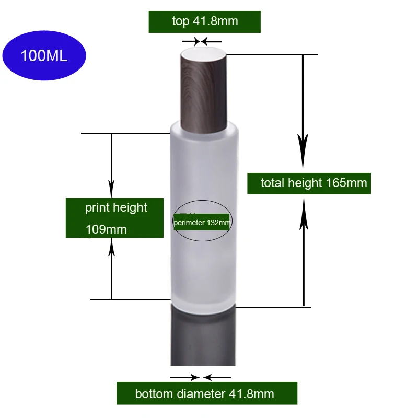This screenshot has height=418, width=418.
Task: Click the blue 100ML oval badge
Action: pyautogui.click(x=44, y=55)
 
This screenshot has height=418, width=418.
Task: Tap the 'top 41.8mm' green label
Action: pyautogui.click(x=204, y=22)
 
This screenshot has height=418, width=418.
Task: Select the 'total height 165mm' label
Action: pyautogui.click(x=309, y=183)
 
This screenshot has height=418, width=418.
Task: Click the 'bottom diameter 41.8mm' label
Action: pyautogui.click(x=207, y=393)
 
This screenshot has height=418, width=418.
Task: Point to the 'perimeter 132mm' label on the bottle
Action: pyautogui.click(x=202, y=222)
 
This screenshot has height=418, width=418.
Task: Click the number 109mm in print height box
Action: pyautogui.click(x=106, y=229)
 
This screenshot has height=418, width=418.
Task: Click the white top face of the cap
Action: pyautogui.click(x=203, y=54)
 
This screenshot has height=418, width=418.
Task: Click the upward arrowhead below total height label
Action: pyautogui.click(x=304, y=213)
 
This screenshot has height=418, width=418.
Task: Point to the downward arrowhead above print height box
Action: pyautogui.click(x=111, y=189)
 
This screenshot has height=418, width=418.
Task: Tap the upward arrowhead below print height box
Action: pyautogui.click(x=112, y=247)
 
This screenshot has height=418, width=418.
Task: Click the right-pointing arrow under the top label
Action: pyautogui.click(x=191, y=42)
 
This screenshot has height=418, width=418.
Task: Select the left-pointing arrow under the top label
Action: pyautogui.click(x=211, y=42)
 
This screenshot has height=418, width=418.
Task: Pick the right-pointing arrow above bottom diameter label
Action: pyautogui.click(x=185, y=377)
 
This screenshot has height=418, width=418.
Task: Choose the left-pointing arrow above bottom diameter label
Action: pyautogui.click(x=217, y=377)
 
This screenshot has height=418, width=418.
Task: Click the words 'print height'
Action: pyautogui.click(x=116, y=208)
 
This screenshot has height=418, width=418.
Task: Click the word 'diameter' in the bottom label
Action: pyautogui.click(x=201, y=394)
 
